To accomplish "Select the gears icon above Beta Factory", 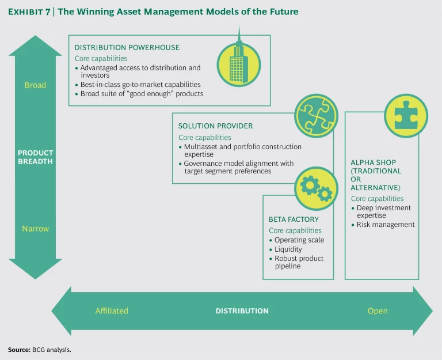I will [316, 188].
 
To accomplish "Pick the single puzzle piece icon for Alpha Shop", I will [406, 115].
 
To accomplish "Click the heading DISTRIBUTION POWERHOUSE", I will [127, 47].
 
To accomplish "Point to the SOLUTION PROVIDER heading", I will [215, 126].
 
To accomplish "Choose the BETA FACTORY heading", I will [294, 219].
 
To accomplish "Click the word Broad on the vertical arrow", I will [35, 85].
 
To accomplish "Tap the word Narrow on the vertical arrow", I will [35, 229].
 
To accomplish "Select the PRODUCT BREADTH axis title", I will [35, 157].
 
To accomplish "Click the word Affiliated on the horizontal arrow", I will [112, 311].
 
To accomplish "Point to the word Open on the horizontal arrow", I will [378, 311].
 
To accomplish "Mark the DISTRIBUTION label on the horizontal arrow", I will [242, 311].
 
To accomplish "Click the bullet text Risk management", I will [386, 225].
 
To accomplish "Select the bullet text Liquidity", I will [288, 249].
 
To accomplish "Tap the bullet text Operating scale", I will [299, 240].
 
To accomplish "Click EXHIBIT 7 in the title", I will [35, 12].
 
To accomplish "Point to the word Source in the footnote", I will [17, 350].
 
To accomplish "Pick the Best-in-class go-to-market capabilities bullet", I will [140, 85].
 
